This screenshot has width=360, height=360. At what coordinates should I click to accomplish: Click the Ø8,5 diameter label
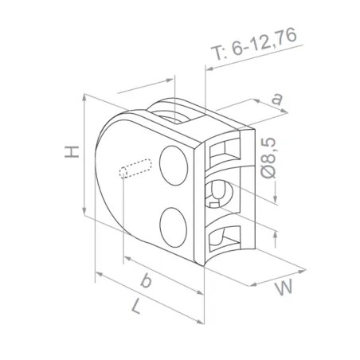point(268,158)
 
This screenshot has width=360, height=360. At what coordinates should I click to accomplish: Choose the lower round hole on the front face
point(172,225)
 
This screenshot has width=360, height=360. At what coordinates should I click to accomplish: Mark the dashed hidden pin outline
point(135,170)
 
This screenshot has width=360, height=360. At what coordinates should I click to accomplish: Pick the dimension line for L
point(151,302)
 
